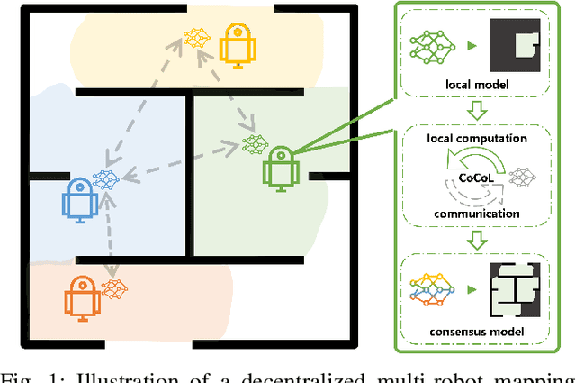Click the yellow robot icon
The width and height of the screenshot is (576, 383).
(238, 43)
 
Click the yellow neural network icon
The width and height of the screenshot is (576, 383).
(196, 38)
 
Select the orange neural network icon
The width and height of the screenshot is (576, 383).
(115, 290)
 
